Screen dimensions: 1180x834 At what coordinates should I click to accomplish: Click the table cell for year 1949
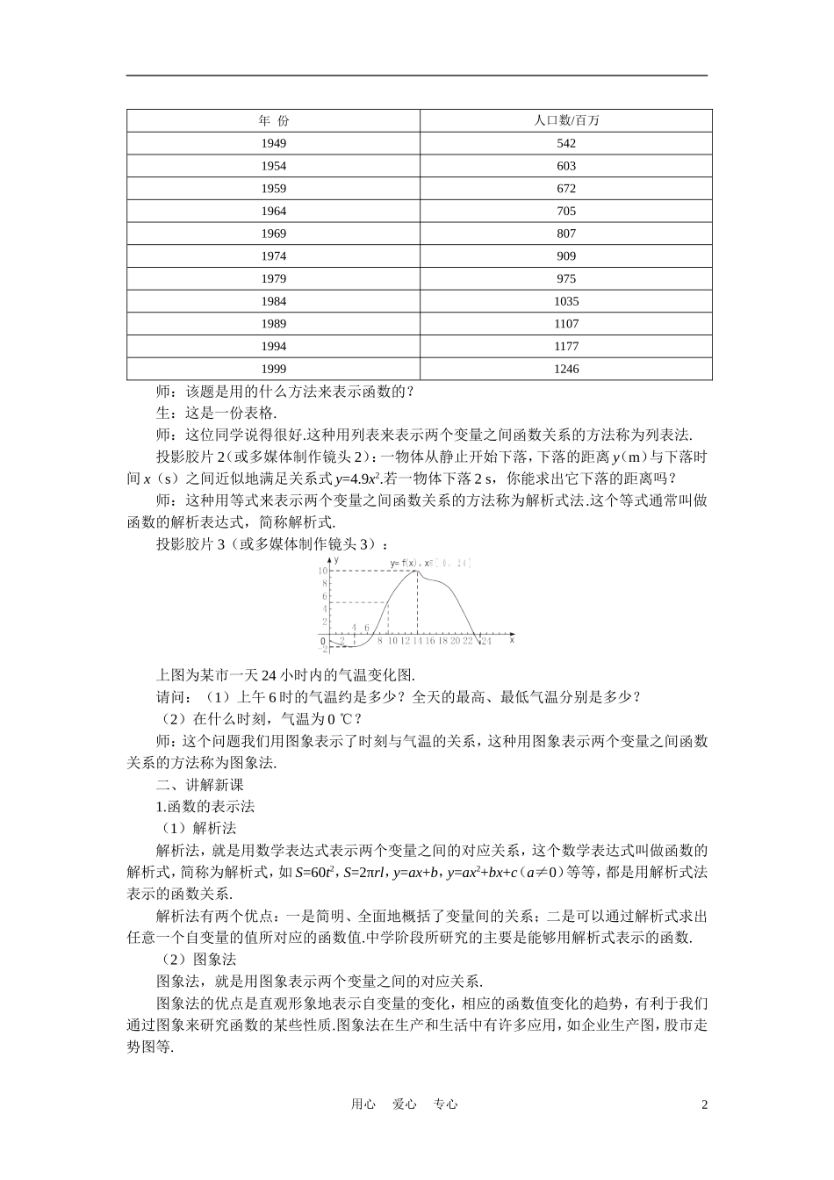273,143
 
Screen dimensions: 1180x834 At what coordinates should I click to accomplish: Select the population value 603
566,166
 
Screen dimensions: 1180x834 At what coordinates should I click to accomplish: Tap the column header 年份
273,120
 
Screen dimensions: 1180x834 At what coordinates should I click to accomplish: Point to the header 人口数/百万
566,120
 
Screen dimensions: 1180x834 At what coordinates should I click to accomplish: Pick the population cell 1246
566,369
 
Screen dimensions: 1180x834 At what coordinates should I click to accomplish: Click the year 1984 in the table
273,301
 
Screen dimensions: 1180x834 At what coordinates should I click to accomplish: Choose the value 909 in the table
566,256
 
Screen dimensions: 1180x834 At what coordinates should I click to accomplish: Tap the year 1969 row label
273,234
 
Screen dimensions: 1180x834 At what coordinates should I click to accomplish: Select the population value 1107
566,324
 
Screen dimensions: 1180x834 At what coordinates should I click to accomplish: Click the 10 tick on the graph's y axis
323,571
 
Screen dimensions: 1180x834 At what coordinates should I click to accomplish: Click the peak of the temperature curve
415,572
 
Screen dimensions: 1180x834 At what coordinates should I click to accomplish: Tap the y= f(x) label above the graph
406,562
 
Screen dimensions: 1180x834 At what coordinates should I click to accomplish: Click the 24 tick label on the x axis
485,642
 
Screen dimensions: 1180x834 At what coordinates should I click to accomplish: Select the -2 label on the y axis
323,649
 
